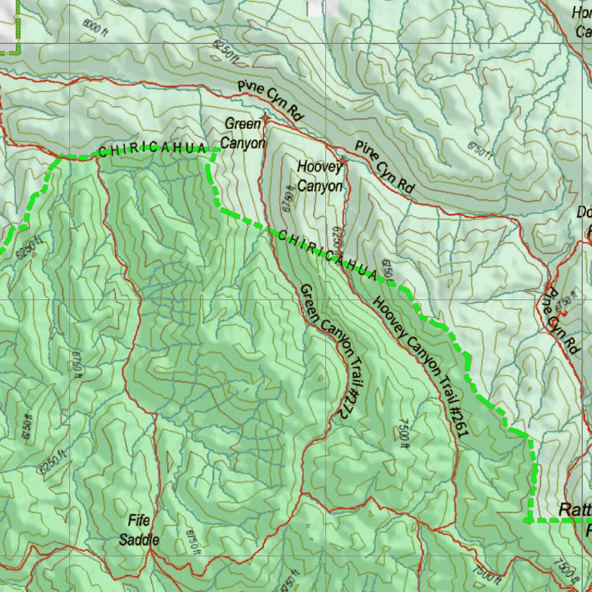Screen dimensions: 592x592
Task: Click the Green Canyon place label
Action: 243,133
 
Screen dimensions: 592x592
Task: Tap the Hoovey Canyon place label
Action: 321,176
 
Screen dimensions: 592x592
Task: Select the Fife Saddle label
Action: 139,530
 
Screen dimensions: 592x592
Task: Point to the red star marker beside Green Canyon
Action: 265,118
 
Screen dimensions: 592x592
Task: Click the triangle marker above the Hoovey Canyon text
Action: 343,157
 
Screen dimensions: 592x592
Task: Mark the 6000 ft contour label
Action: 96,26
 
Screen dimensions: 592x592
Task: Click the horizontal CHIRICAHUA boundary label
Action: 152,149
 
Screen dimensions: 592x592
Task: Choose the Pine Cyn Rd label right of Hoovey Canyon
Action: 384,167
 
